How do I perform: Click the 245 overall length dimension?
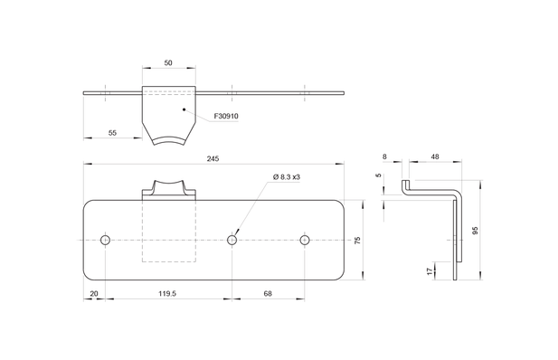click(x=213, y=159)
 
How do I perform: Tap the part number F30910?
click(x=226, y=116)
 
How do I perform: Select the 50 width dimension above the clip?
click(x=168, y=63)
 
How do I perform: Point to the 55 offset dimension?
click(x=112, y=133)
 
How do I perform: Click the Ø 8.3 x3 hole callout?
click(x=287, y=176)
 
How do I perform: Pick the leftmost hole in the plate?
click(x=105, y=240)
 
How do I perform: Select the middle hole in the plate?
click(x=232, y=240)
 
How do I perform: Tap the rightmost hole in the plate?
click(x=305, y=240)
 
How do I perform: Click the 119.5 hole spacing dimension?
click(x=167, y=294)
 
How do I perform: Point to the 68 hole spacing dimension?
click(x=268, y=294)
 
